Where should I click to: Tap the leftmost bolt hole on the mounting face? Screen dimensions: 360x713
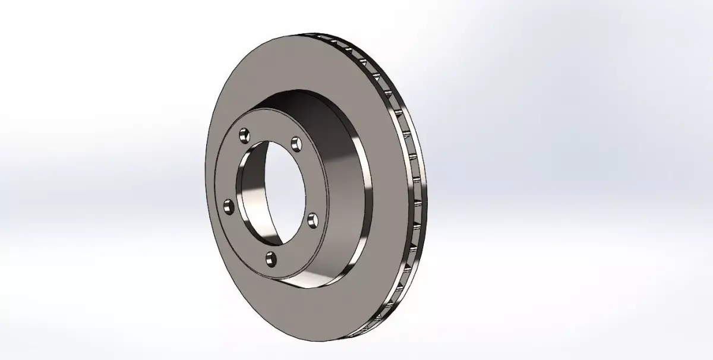click(x=228, y=206)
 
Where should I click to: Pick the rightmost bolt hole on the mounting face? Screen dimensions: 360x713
click(x=313, y=221)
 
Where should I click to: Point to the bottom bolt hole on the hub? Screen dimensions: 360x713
click(x=272, y=258)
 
